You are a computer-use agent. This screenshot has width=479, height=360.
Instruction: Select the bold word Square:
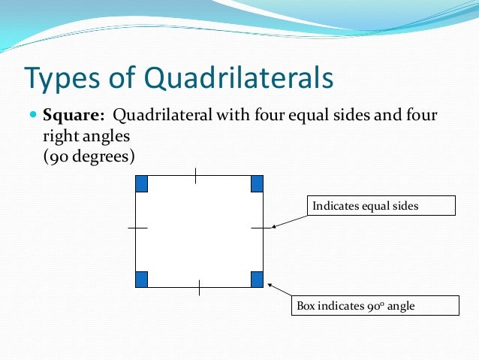click(74, 116)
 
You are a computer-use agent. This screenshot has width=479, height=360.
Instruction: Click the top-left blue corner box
click(142, 183)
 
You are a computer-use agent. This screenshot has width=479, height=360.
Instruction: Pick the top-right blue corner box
click(257, 183)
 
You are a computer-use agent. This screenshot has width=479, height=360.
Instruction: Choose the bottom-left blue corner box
click(142, 280)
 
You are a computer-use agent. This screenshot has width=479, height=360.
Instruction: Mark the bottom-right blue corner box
click(257, 280)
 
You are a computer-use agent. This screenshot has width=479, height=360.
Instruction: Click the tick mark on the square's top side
click(196, 176)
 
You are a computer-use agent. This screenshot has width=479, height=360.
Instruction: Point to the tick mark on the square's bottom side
click(199, 287)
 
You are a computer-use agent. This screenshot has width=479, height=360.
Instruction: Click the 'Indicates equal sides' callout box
click(381, 205)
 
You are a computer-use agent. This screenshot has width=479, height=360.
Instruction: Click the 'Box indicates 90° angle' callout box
click(374, 306)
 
